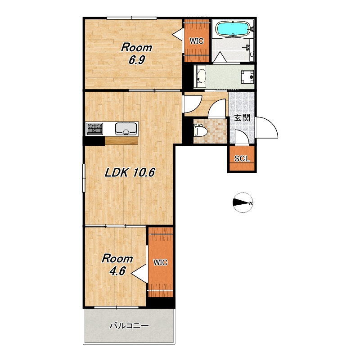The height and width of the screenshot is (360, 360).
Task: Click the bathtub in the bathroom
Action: [x=233, y=29]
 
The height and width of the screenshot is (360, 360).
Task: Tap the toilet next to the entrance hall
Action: [x=200, y=130]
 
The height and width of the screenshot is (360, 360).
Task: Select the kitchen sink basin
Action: [x=126, y=129]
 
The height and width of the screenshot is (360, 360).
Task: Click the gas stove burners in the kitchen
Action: [x=95, y=128]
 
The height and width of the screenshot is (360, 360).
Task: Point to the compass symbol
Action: [x=243, y=202]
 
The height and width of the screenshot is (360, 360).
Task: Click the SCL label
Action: [x=242, y=158]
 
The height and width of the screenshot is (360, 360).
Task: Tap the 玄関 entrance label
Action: [x=242, y=118]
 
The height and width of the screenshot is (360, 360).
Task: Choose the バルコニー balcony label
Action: [x=129, y=325]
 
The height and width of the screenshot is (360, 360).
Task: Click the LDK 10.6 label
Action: [x=130, y=172]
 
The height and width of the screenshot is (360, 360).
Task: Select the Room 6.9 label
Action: [x=137, y=54]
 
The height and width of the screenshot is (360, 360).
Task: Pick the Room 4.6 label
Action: [x=117, y=265]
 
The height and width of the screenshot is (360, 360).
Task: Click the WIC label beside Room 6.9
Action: [x=197, y=41]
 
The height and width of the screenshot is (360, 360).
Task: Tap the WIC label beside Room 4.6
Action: [x=161, y=262]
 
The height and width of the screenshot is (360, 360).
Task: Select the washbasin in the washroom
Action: [x=200, y=76]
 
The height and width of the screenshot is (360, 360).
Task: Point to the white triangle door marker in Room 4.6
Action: [x=139, y=273]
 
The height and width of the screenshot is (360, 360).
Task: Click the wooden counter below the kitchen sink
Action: [x=121, y=140]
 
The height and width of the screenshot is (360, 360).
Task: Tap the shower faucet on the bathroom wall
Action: [x=247, y=47]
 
